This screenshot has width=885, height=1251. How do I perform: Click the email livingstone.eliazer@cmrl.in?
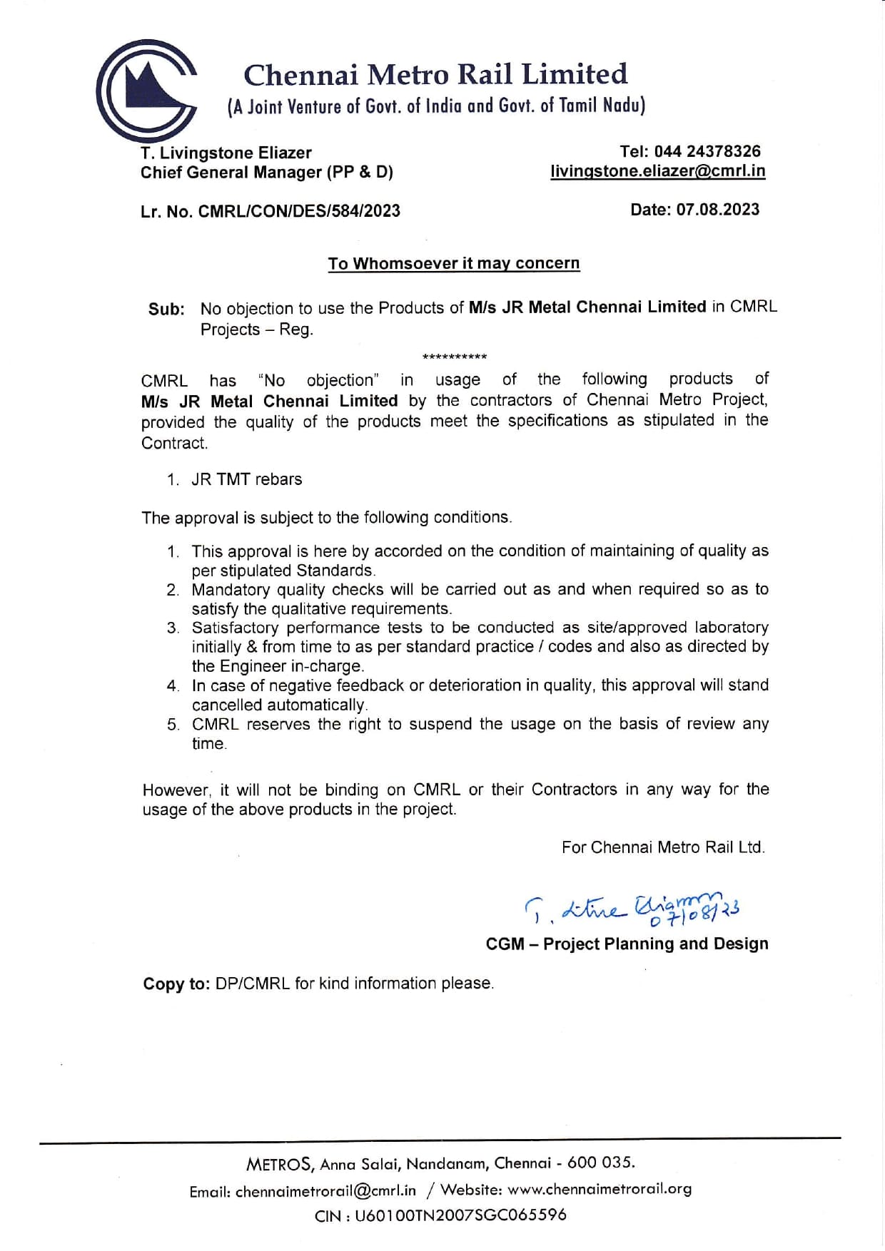coord(657,171)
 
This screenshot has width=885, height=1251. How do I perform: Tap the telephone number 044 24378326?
coord(707,151)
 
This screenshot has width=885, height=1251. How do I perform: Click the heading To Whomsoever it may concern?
coord(453,263)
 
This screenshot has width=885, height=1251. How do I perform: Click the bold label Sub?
coord(166,310)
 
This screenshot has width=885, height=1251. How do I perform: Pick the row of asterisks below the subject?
coord(455,357)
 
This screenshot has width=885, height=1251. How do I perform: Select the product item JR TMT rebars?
coord(246,479)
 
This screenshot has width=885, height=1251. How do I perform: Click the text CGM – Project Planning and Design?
coord(627,944)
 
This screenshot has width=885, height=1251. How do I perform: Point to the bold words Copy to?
coord(176,984)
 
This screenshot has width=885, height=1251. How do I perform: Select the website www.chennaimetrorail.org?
coord(600,1189)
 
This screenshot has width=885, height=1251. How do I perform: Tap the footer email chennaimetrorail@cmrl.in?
coord(325,1191)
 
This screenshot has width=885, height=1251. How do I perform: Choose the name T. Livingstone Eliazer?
coord(226,153)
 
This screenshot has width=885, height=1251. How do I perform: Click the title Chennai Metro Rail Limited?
coord(435,75)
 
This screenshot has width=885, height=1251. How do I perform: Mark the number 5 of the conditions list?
coord(173,725)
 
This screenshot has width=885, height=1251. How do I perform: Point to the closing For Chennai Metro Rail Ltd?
coord(663,847)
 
